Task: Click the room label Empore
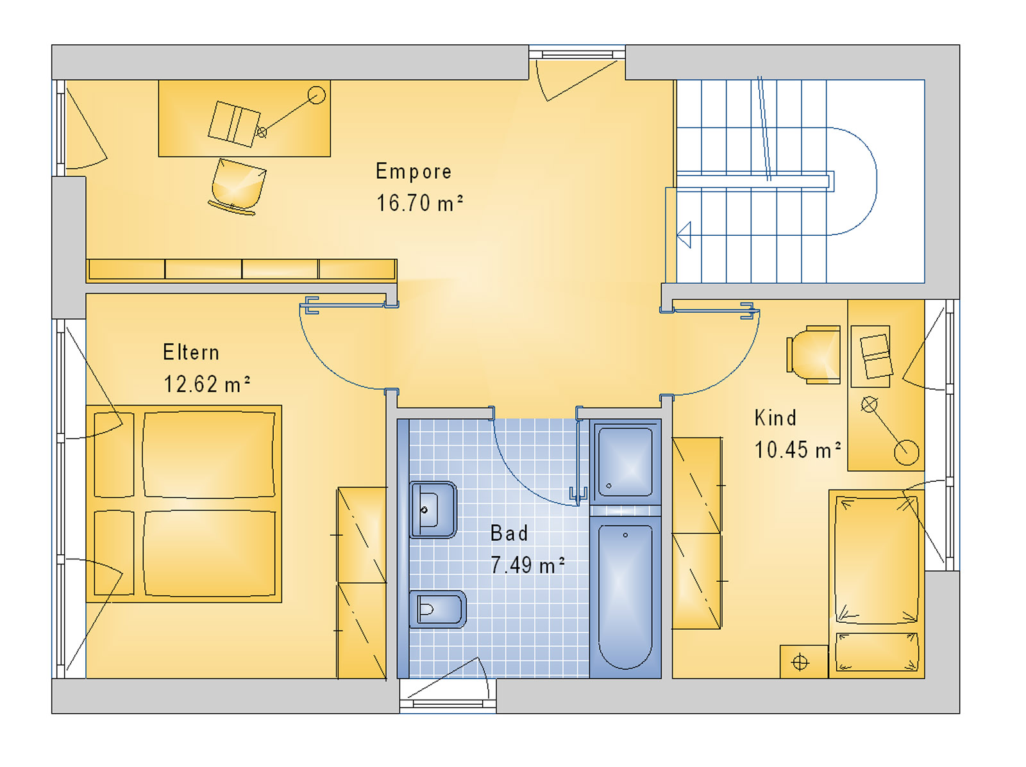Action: [x=414, y=172]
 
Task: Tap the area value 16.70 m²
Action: [x=419, y=203]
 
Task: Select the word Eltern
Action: [x=190, y=352]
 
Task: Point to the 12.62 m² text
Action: [x=206, y=384]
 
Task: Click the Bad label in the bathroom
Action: [x=509, y=533]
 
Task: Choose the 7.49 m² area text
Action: [x=527, y=565]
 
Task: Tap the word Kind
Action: [x=775, y=418]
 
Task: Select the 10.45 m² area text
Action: [x=798, y=450]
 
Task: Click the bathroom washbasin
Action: [x=433, y=510]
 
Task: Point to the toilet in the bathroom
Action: [x=437, y=609]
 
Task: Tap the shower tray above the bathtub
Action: [x=625, y=461]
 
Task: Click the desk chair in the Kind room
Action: [x=814, y=355]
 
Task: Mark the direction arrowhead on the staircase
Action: [x=684, y=235]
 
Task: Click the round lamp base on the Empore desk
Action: [x=316, y=95]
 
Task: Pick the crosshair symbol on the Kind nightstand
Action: [x=800, y=663]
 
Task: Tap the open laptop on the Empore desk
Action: [x=234, y=124]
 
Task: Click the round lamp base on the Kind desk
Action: [x=906, y=452]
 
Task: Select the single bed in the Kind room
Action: [x=877, y=584]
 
